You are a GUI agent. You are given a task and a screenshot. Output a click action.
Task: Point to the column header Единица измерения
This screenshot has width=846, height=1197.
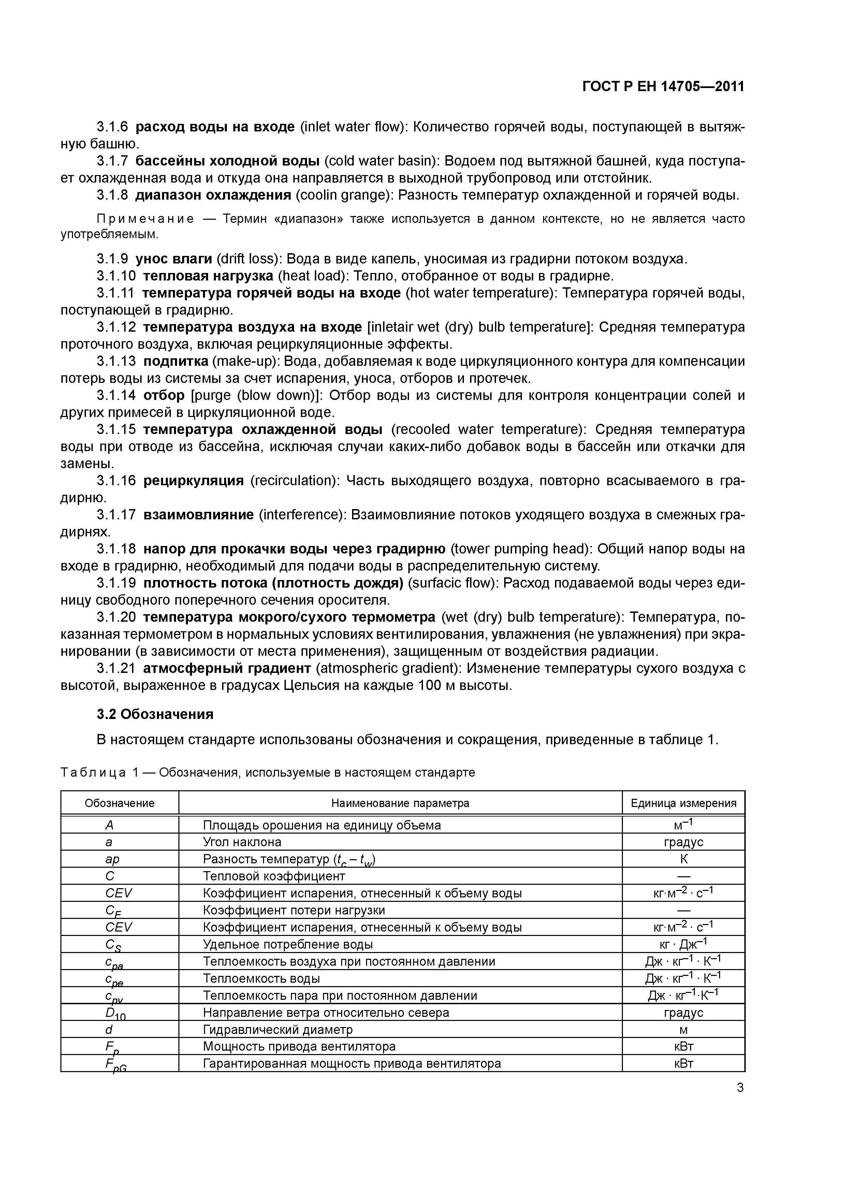683,803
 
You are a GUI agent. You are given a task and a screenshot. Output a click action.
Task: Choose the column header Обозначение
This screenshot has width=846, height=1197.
119,803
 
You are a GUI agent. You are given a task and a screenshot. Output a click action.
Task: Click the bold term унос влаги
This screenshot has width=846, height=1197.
174,259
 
